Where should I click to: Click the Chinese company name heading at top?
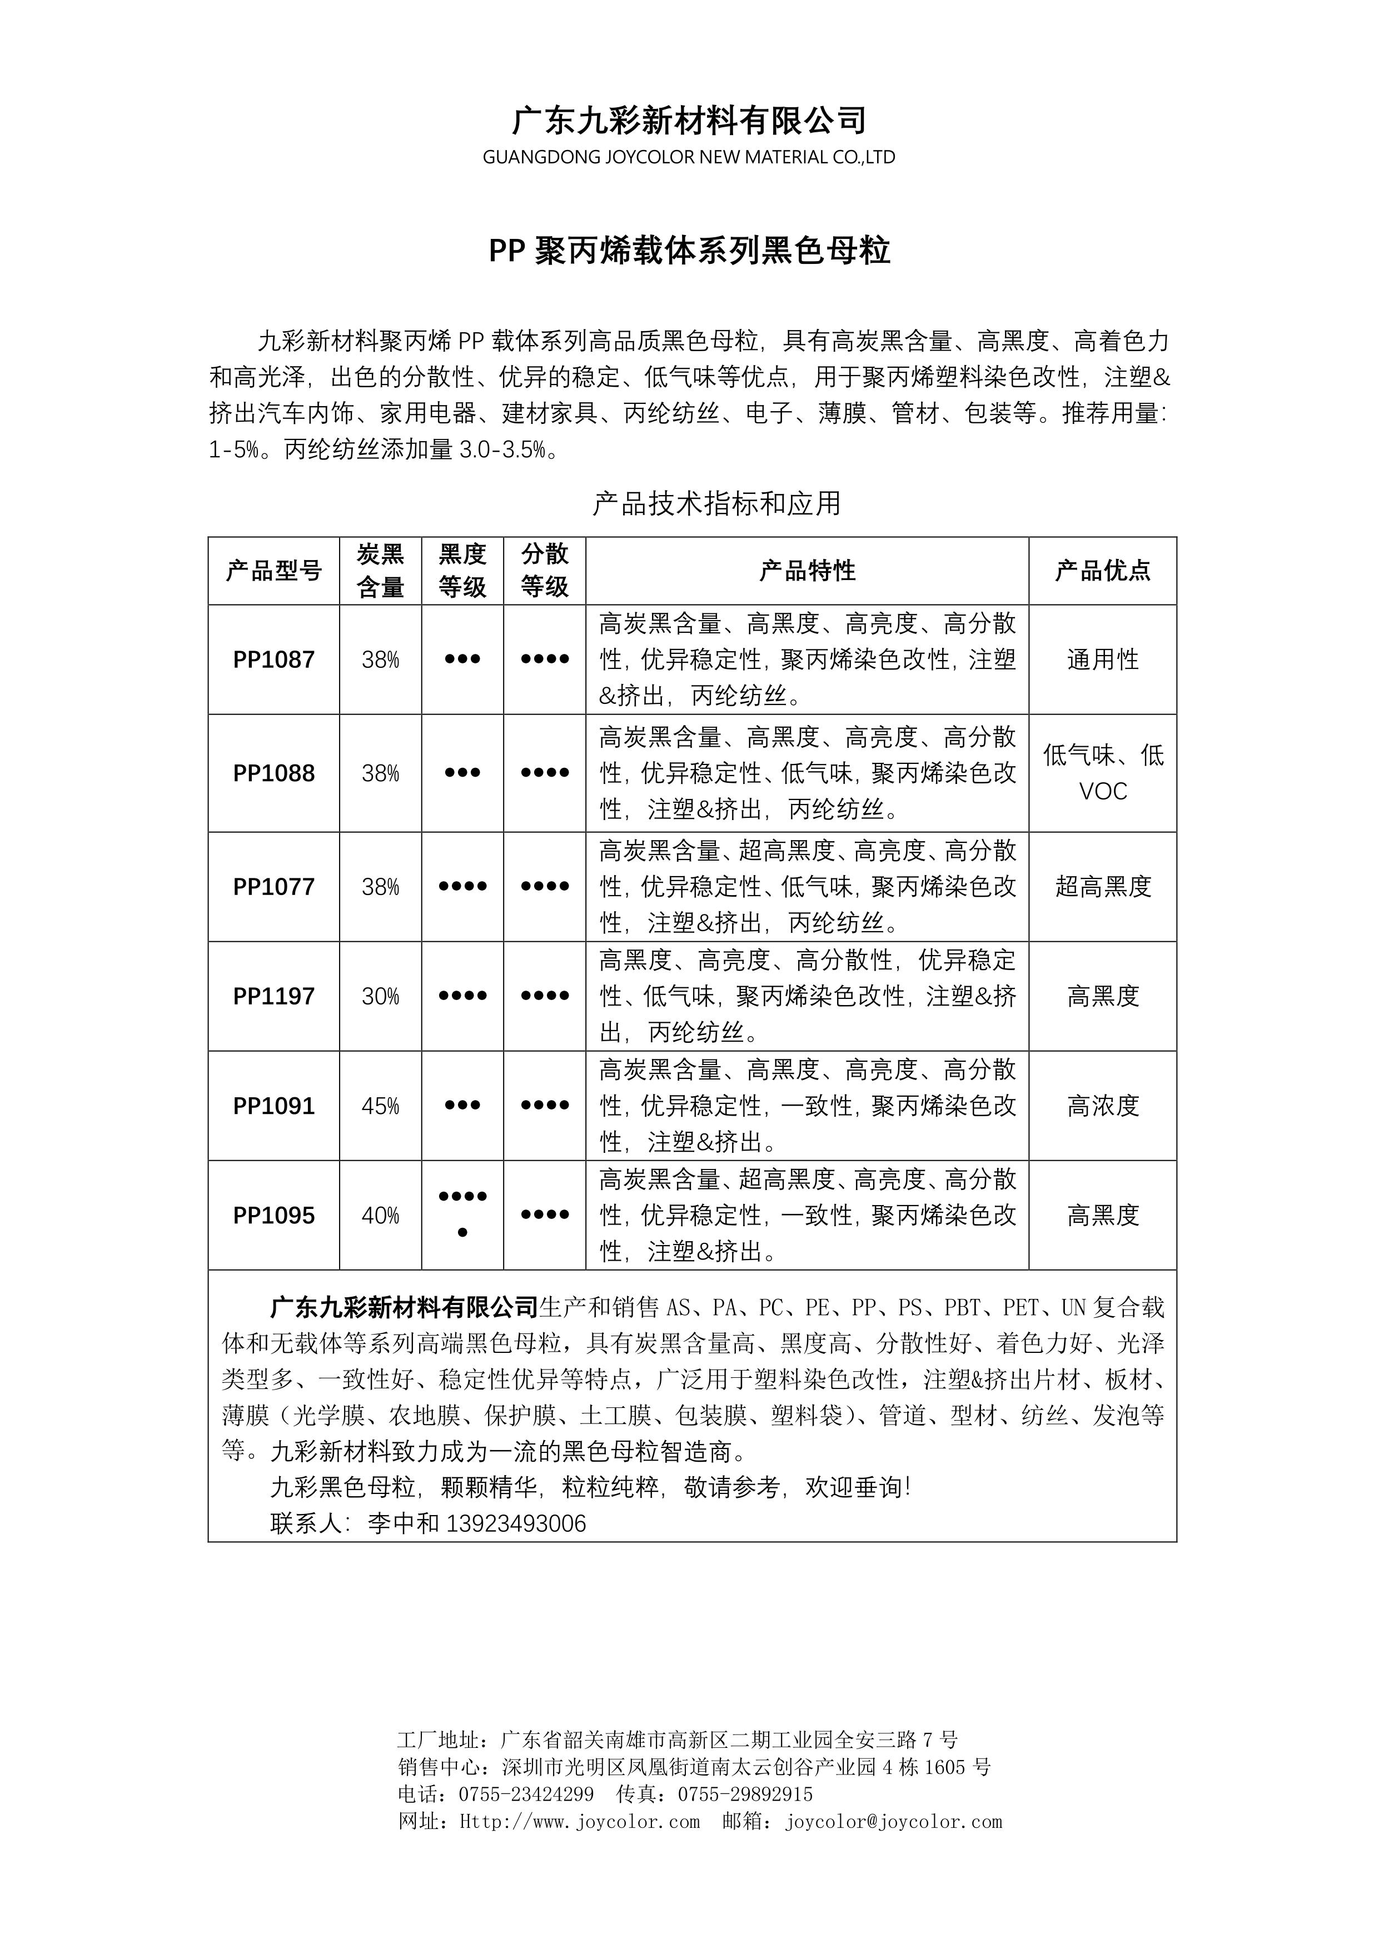(x=689, y=121)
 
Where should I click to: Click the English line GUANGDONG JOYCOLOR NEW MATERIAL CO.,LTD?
(x=689, y=157)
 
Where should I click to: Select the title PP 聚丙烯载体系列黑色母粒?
(x=689, y=251)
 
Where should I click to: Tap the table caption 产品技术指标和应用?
(x=716, y=503)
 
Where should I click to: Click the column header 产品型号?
(x=273, y=571)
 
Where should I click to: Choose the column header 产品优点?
(x=1102, y=571)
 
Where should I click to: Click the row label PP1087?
(x=273, y=659)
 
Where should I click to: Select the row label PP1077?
(x=273, y=886)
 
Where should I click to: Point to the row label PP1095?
(x=273, y=1216)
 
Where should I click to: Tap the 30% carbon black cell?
(x=380, y=996)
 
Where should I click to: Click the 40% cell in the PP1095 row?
(x=380, y=1216)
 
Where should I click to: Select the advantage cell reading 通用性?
(x=1102, y=659)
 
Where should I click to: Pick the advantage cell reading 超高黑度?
(x=1102, y=886)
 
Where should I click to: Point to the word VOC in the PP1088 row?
(x=1102, y=791)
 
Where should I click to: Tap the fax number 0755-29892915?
(x=745, y=1793)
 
